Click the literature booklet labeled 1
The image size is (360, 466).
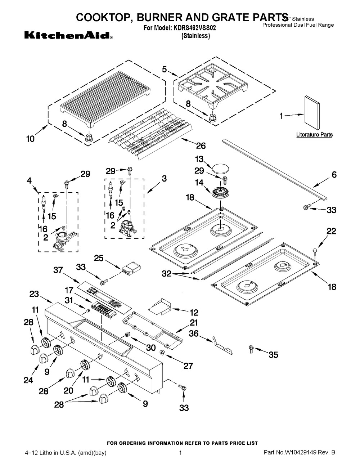tap(312, 113)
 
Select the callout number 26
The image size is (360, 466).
tap(201, 146)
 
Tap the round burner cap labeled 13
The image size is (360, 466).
tap(219, 168)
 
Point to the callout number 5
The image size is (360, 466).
tap(164, 70)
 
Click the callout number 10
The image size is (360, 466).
tap(30, 138)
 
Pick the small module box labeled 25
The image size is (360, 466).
tap(131, 269)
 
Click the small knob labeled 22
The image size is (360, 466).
tap(315, 249)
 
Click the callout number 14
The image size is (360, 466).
tap(199, 183)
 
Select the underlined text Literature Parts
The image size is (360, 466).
tap(314, 135)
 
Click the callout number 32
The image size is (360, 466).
tap(167, 274)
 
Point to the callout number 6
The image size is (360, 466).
tap(334, 175)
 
